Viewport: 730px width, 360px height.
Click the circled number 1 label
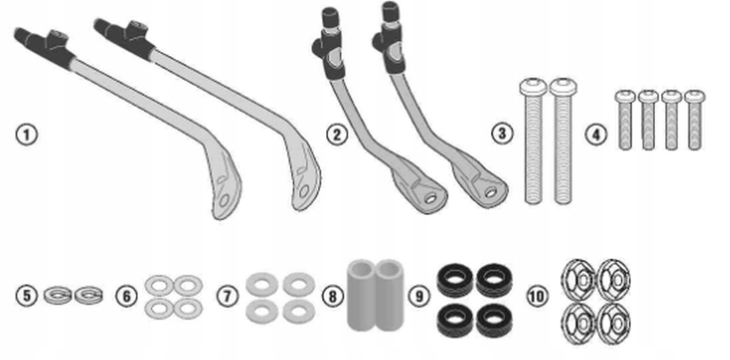[27, 135]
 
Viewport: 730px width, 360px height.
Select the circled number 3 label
[502, 134]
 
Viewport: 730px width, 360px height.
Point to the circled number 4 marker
[596, 134]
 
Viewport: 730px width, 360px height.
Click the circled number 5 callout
[27, 296]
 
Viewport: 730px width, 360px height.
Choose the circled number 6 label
[127, 296]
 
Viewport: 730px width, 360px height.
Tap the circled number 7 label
[228, 296]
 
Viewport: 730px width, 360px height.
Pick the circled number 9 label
[419, 296]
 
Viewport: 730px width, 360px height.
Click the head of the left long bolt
[533, 86]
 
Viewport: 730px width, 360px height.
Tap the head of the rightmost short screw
[695, 96]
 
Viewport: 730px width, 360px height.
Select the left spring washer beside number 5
[58, 295]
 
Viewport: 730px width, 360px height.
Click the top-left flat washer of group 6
[159, 285]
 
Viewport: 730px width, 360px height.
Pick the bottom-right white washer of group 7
[299, 311]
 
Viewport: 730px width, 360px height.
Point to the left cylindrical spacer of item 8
[361, 295]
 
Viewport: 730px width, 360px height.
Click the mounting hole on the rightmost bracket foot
[490, 193]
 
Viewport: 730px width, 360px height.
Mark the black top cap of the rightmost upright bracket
[391, 12]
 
